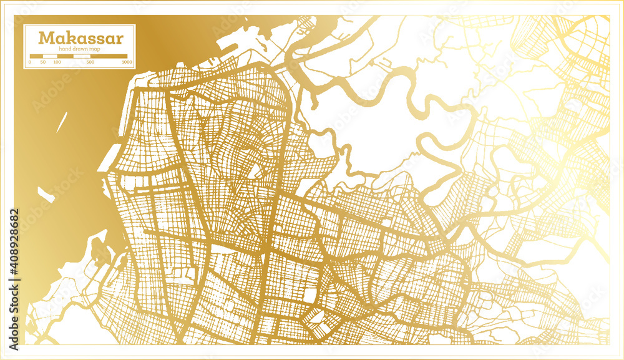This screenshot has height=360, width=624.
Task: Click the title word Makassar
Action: click(80, 38)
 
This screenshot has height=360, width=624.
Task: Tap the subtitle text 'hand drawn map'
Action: click(79, 49)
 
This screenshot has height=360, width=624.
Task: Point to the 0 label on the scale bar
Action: click(30, 62)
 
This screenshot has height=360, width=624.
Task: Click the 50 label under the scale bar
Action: click(43, 62)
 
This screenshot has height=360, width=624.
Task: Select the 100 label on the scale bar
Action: click(57, 62)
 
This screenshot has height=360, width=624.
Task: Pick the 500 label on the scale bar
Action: click(90, 62)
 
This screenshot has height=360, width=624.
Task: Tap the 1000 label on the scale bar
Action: click(127, 62)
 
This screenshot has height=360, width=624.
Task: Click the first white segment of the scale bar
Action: click(50, 56)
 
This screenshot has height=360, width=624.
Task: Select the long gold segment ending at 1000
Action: click(109, 56)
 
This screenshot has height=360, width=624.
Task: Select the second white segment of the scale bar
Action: click(82, 56)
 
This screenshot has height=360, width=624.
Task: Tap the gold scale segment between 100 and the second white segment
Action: click(65, 56)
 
